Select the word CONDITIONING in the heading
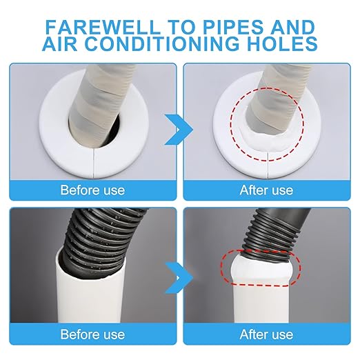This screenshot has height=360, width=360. pos(162,43)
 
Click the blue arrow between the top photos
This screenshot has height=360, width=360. pos(179,130)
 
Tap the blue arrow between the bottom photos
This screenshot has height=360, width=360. pos(179,278)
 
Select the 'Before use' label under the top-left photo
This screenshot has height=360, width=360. pos(92,190)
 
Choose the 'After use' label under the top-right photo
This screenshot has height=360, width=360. pos(266,190)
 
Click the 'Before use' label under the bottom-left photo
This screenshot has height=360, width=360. pos(92,334)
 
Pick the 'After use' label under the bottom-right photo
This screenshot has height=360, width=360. pos(266,334)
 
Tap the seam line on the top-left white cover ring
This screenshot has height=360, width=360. pos(94,164)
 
